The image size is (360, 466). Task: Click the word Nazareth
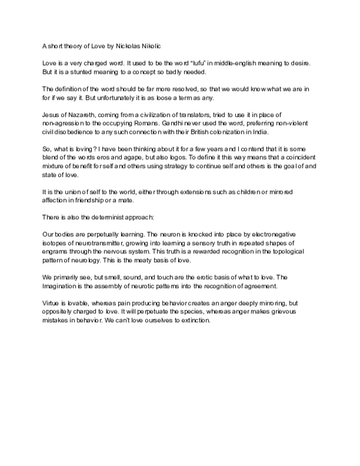[x=83, y=115]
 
